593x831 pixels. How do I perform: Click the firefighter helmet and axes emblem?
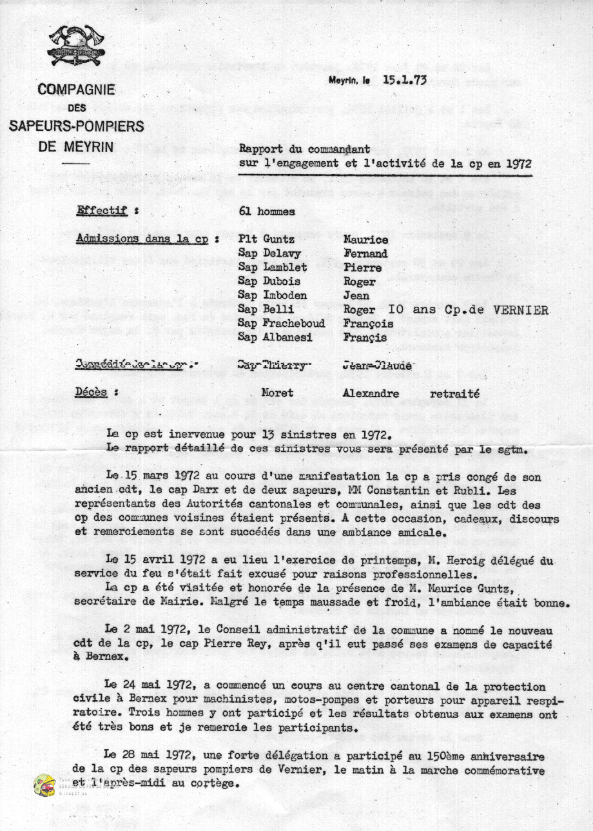[x=76, y=46]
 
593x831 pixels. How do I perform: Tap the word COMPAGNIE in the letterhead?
[x=75, y=90]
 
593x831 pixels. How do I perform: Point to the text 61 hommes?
[x=267, y=211]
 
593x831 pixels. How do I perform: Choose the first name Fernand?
[x=366, y=253]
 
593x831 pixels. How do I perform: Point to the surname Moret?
[x=277, y=393]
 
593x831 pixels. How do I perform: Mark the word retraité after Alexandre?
[x=454, y=393]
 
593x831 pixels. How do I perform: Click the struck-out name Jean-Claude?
[x=376, y=365]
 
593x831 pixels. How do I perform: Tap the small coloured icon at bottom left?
[x=44, y=785]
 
